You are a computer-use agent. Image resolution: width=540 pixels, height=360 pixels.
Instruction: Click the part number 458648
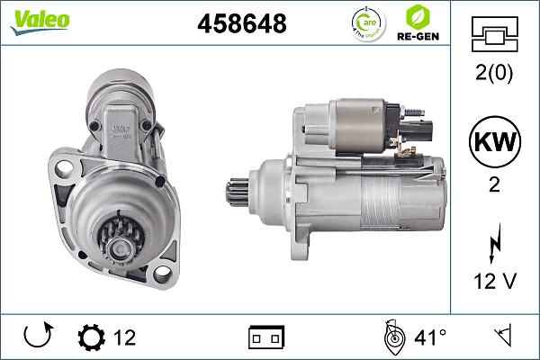point(241,24)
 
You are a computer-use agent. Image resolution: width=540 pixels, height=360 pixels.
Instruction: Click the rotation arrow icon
point(39,337)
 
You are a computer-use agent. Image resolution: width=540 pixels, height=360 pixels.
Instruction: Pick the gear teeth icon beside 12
point(91,338)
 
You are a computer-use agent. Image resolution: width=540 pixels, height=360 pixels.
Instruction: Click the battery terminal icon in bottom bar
point(265,338)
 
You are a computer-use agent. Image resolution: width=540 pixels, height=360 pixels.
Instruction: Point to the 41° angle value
point(430,338)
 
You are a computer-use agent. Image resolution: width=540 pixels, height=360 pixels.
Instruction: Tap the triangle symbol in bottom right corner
point(501,338)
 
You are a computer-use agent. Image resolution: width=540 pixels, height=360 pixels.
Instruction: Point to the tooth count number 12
point(124,338)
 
